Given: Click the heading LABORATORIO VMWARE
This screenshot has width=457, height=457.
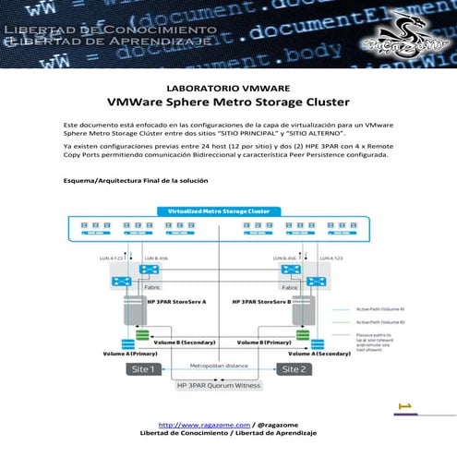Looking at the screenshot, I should tap(228, 88).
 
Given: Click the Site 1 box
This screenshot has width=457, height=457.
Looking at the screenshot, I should tap(148, 368).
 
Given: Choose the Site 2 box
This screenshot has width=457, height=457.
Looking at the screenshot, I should tap(294, 368).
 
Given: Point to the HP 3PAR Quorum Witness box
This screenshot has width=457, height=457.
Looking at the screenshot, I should tap(220, 385).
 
